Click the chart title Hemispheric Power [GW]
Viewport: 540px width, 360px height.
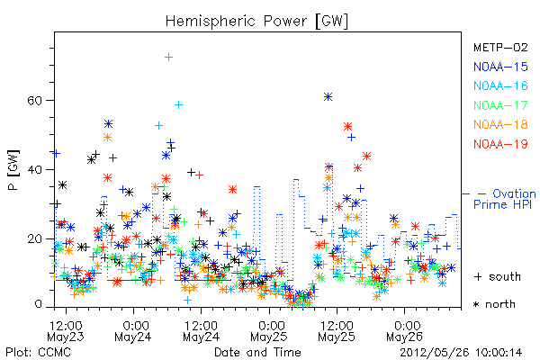[x=256, y=22]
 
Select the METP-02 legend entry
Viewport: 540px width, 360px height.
[x=500, y=47]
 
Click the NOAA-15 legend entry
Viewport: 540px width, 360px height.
[x=500, y=67]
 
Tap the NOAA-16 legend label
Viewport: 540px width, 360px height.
[x=500, y=85]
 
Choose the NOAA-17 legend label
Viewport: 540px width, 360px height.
[x=500, y=105]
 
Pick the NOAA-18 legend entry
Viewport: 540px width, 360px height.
[x=500, y=124]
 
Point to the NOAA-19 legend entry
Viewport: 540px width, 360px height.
[x=500, y=144]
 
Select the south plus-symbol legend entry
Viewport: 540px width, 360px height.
[x=498, y=276]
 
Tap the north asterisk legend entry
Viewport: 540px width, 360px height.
[x=494, y=304]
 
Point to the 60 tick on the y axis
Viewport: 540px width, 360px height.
[x=34, y=101]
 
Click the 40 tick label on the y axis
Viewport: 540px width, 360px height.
[x=34, y=170]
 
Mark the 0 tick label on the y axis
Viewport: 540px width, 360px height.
[x=38, y=304]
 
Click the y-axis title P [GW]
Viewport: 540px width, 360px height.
[x=13, y=170]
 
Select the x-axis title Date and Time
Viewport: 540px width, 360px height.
[x=257, y=352]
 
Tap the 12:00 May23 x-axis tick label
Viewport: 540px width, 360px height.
[x=66, y=331]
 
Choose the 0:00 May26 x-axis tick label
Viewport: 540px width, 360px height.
[x=404, y=331]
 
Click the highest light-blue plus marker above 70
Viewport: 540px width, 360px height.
[x=168, y=58]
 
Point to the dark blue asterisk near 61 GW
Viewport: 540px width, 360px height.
[x=328, y=97]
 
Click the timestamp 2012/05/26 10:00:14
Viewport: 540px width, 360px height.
[x=461, y=352]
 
